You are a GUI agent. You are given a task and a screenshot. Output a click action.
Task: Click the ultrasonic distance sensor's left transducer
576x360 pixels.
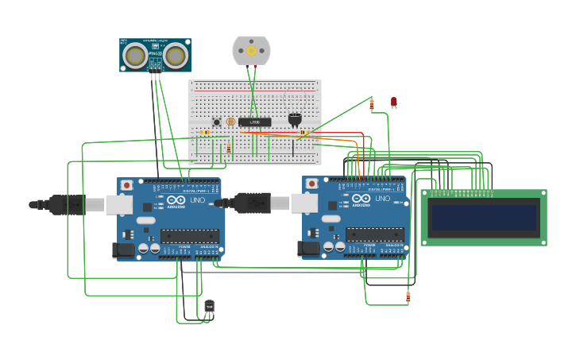coord(137,56)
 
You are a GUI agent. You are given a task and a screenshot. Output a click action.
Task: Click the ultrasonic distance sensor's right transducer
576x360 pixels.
coord(176,56)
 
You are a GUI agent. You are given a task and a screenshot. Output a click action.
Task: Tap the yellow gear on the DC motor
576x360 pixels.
coord(251,50)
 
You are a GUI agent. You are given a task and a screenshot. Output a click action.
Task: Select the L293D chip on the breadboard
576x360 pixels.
coord(255,122)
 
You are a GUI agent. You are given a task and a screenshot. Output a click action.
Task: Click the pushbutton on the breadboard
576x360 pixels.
coord(217,122)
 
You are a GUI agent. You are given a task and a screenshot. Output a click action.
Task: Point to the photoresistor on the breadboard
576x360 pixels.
coord(231,122)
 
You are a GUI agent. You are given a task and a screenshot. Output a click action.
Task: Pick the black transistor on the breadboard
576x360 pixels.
coord(295,119)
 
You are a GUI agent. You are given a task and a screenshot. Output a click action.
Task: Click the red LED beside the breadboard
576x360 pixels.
coord(393,101)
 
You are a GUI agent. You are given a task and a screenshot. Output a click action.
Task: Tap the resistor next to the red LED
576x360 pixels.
coord(371,104)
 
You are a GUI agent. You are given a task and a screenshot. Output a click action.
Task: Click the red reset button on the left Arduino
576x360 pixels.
coord(126,184)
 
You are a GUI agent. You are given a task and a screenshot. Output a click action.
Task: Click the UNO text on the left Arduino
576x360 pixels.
coord(197,200)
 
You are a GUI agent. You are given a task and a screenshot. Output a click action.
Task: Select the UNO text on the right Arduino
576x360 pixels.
coord(382,199)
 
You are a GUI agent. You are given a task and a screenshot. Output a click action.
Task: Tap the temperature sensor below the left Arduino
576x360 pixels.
coord(210,306)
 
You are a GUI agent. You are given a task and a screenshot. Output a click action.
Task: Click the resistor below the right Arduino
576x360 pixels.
coord(408,297)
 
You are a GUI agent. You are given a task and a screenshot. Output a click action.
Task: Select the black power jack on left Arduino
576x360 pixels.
coord(123,250)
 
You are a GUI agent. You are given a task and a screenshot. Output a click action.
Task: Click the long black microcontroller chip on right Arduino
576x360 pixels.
coord(374,234)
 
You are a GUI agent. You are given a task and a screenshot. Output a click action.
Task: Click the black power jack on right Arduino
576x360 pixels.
coord(308,248)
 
